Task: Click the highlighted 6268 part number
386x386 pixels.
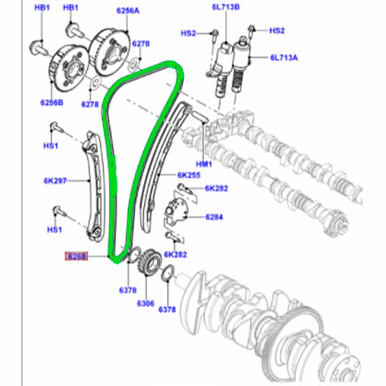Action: [76, 256]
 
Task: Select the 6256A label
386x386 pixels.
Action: [128, 11]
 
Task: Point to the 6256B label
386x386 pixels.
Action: [51, 103]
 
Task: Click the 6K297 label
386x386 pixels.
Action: [55, 181]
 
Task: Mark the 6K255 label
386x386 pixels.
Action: [188, 175]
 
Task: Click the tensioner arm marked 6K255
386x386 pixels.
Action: [157, 168]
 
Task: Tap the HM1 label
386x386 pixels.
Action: [204, 164]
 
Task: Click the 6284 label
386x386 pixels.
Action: [214, 217]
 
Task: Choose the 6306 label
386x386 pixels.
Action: [145, 303]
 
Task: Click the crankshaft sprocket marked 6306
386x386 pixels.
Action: [147, 263]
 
